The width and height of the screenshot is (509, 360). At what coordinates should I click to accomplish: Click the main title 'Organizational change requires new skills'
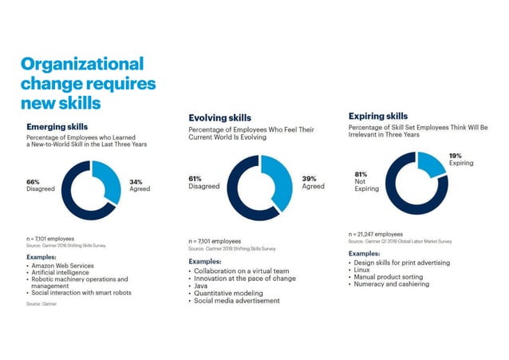click(88, 83)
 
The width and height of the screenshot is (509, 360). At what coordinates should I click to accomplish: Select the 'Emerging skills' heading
click(57, 126)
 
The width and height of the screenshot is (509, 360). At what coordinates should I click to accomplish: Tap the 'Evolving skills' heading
click(219, 118)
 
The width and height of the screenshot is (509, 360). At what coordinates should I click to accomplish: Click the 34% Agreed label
click(139, 185)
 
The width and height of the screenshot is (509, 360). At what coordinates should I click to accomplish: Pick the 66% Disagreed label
click(41, 185)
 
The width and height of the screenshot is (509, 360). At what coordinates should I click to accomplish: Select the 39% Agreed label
click(313, 181)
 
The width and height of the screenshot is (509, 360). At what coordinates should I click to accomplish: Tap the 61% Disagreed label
click(203, 182)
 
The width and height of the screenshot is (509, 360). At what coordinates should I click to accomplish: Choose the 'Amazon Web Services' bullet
click(61, 265)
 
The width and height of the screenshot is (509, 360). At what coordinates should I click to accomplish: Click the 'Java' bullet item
click(203, 285)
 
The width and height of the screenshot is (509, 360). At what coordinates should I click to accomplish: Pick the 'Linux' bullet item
click(364, 270)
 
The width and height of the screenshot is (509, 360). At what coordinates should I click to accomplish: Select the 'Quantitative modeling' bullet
click(228, 292)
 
